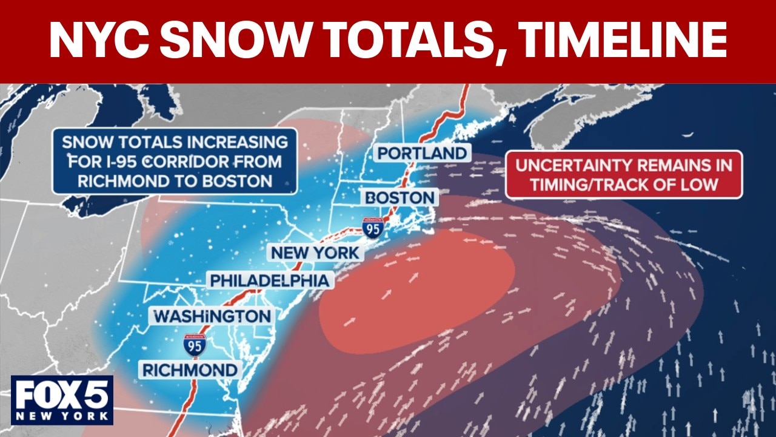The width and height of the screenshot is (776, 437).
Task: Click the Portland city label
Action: click(x=422, y=153)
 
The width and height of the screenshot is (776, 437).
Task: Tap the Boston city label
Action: click(x=400, y=197)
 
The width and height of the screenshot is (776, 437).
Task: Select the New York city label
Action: click(x=315, y=252)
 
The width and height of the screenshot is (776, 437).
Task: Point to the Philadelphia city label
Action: click(x=270, y=280)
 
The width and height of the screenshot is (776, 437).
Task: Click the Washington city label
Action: click(x=212, y=316)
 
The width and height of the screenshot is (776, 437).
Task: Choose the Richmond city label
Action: click(x=189, y=370)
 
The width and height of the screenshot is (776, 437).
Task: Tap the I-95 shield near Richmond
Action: click(x=195, y=344)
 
